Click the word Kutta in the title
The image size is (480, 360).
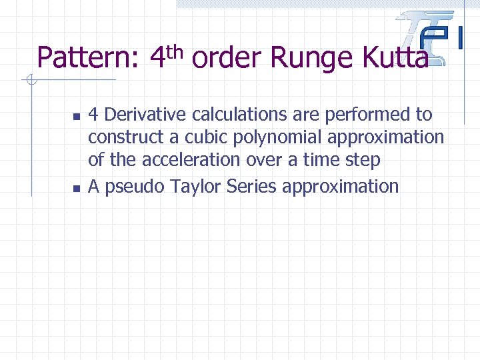point(395,59)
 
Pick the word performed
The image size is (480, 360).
point(371,115)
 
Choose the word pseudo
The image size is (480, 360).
point(133,187)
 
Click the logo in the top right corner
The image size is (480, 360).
point(430,37)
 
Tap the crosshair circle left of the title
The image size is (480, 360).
point(30,81)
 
